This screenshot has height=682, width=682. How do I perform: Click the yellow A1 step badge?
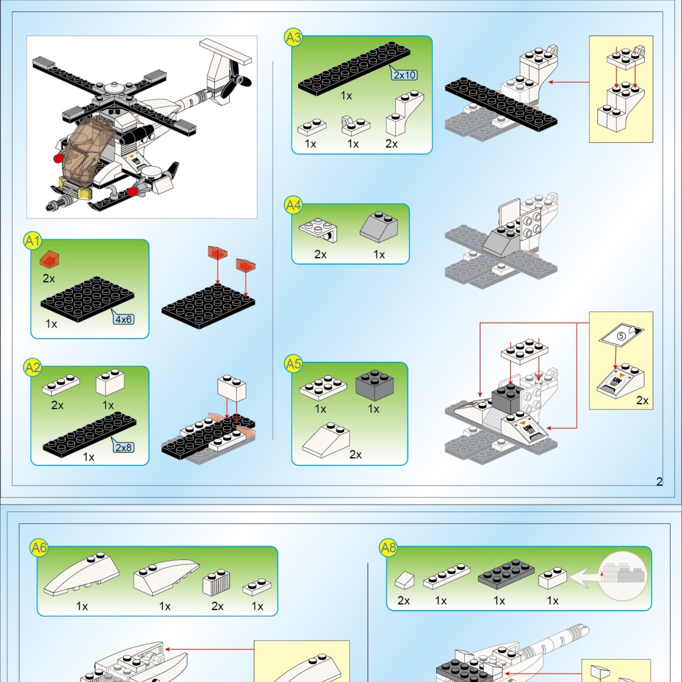coord(32,241)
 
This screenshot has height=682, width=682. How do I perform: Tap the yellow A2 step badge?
coord(32,368)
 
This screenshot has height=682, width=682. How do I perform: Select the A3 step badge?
coord(293,37)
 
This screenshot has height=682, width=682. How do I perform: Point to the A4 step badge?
coord(293,205)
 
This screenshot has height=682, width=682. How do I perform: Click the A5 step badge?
coord(293,364)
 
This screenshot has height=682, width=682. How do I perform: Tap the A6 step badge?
coord(39,547)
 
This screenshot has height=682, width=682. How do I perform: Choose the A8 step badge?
coord(388,547)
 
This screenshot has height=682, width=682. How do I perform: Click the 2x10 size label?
coord(405,75)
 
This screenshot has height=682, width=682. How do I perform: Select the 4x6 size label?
coord(123,320)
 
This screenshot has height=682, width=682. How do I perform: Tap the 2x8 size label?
coord(124,447)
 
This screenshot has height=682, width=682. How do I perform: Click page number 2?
coord(659,481)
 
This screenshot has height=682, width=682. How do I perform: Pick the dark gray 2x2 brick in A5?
coord(374,385)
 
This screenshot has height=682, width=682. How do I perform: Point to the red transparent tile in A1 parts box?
coord(50,259)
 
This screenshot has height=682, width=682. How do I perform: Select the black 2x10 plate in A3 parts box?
coord(354,68)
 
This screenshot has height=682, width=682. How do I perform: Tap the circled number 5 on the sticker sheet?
coord(621,336)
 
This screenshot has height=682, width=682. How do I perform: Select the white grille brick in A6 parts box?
coord(216,582)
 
